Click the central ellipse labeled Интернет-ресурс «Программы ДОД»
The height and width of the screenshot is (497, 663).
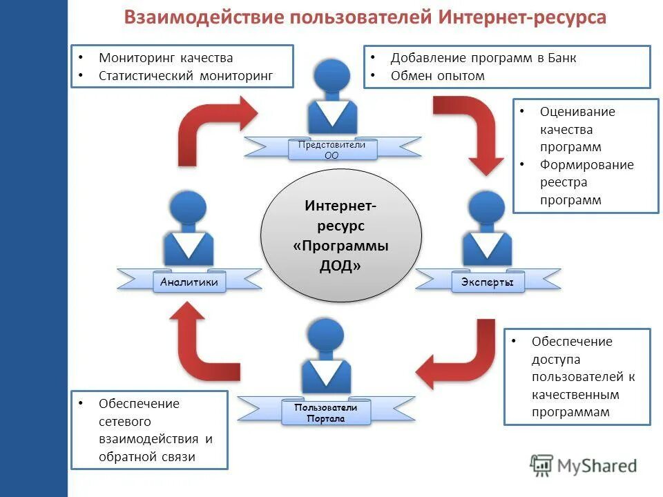click(x=340, y=235)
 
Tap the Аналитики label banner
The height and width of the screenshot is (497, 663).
click(x=189, y=282)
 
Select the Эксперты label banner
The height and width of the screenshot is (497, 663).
click(x=488, y=282)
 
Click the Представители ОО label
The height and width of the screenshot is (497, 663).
click(x=331, y=150)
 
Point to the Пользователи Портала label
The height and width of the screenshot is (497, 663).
click(x=326, y=413)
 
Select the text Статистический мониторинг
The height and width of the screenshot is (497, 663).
click(x=186, y=75)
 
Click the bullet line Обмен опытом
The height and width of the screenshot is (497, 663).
click(x=437, y=76)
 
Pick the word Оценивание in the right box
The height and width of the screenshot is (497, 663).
click(x=577, y=111)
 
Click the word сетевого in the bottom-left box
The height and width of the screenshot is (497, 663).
click(x=125, y=421)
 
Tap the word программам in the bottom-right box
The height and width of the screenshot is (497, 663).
click(x=570, y=413)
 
